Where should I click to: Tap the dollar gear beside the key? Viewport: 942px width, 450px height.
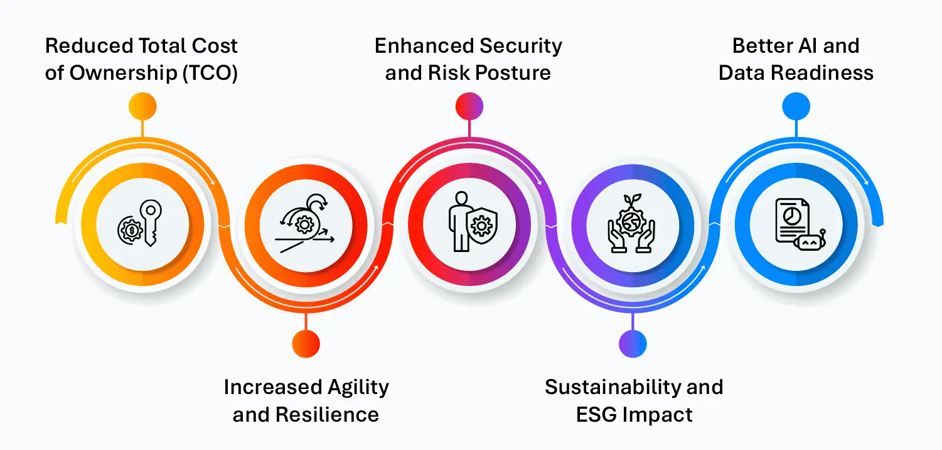(x=131, y=230)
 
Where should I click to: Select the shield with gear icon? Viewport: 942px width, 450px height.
(x=482, y=226)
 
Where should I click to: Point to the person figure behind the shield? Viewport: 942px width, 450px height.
(x=459, y=222)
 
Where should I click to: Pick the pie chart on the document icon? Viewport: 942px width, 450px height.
(x=791, y=216)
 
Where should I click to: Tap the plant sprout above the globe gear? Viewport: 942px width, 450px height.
(x=632, y=200)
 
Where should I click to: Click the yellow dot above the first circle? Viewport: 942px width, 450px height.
(x=142, y=106)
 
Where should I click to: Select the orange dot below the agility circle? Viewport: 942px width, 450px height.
(x=306, y=344)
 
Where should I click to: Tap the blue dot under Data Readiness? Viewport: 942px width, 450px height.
(x=796, y=106)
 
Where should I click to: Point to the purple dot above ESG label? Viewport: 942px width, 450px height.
(x=633, y=344)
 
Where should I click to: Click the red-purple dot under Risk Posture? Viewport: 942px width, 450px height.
(x=469, y=106)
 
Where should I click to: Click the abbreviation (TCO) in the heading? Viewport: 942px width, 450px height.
(x=210, y=73)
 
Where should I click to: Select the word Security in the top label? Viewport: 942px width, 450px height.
(x=521, y=47)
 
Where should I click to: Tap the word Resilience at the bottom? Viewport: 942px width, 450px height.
(x=327, y=415)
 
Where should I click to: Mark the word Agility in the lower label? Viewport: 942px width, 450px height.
(x=358, y=388)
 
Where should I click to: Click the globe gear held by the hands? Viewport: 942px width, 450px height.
(x=631, y=222)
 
